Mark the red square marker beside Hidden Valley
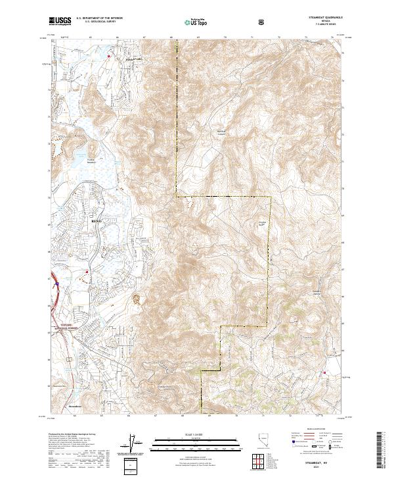pyautogui.click(x=110, y=57)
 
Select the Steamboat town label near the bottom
pyautogui.click(x=76, y=408)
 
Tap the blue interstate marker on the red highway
pyautogui.click(x=57, y=284)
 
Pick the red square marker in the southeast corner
pyautogui.click(x=323, y=374)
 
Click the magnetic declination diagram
pyautogui.click(x=133, y=444)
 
